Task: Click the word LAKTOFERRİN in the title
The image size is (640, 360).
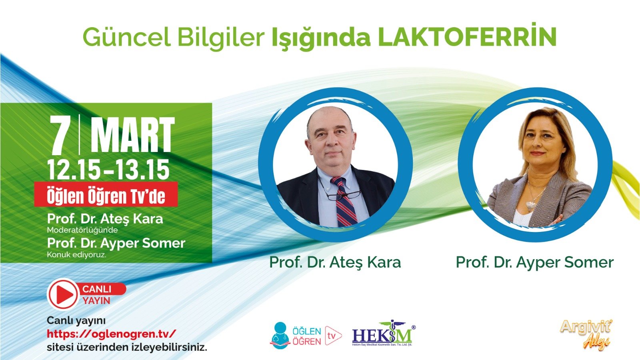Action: [467, 37]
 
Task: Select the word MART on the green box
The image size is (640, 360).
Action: [132, 135]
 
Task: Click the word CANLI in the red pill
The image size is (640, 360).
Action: [97, 289]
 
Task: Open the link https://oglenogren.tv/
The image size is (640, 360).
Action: [111, 334]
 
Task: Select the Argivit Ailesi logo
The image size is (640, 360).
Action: [586, 333]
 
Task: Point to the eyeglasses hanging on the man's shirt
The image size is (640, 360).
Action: [342, 195]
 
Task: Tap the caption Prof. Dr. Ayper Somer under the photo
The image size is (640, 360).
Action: [534, 262]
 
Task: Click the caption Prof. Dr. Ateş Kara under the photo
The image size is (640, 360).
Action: [335, 262]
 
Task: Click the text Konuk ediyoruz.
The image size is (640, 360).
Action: [76, 254]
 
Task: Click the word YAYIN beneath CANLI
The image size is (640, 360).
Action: [96, 300]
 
